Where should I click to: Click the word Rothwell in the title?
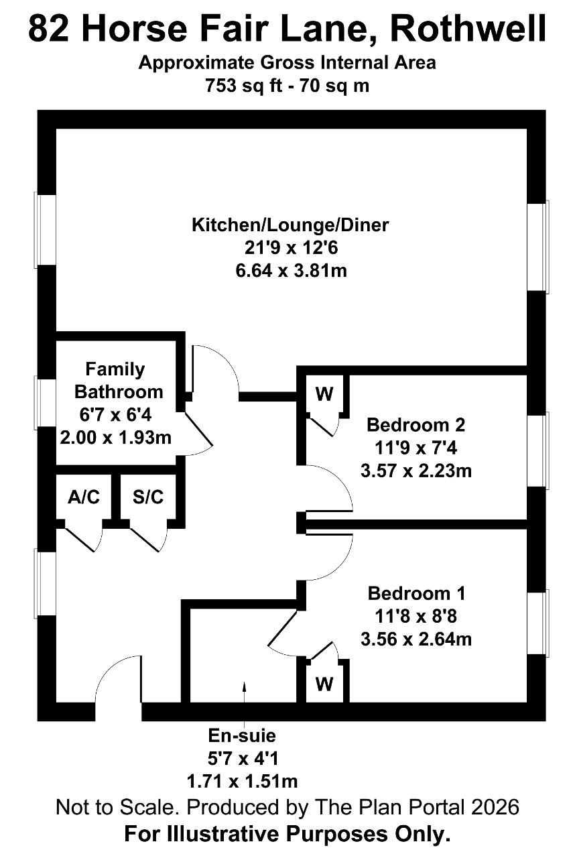point(469,29)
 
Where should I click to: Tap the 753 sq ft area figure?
point(243,85)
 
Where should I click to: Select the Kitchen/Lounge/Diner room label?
point(290,225)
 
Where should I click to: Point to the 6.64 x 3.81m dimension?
point(292,271)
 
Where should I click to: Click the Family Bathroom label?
point(119,380)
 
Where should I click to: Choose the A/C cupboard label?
point(84,497)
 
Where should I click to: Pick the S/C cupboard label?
point(148,497)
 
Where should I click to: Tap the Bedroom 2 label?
point(416,425)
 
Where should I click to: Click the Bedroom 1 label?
point(417,593)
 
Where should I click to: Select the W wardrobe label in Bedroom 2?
point(324,393)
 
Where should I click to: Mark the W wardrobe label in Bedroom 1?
point(324,684)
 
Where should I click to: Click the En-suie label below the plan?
point(242,735)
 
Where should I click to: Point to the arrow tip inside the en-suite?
point(245,682)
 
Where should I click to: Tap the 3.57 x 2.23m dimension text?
point(416,471)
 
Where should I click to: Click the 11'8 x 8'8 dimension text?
point(416,616)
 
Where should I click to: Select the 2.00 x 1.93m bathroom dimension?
point(116,438)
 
